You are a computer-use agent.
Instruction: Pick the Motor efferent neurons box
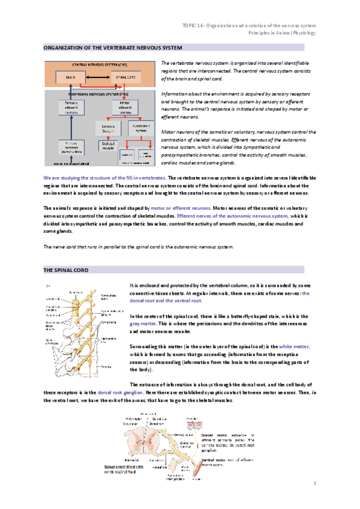click(125, 107)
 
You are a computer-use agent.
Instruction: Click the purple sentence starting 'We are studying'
click(105, 178)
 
